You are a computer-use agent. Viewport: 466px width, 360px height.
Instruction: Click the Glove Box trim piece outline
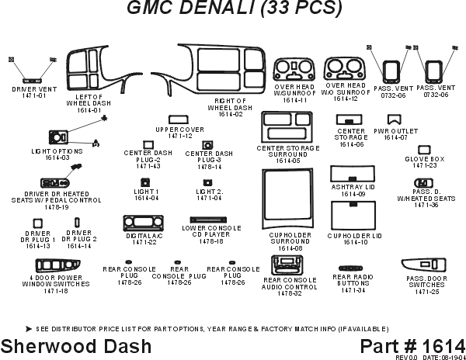[x=424, y=150]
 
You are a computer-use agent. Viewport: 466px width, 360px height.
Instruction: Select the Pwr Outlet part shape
[x=394, y=120]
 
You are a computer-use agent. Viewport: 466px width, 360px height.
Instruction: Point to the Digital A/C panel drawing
[x=140, y=224]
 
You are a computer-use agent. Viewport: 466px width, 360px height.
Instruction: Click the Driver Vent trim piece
[x=33, y=80]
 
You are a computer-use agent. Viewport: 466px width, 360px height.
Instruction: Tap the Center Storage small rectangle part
[x=346, y=120]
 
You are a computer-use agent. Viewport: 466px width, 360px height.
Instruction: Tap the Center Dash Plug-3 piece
[x=208, y=144]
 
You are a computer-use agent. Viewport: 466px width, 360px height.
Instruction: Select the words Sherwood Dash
[x=57, y=345]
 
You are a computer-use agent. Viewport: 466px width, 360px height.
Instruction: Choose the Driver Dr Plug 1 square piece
[x=37, y=223]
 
